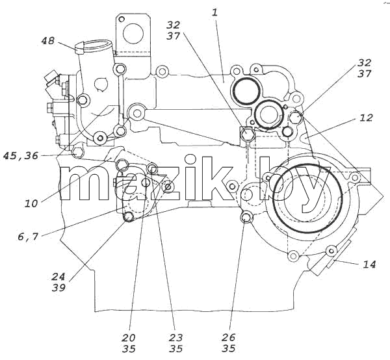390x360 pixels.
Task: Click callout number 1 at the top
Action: [x=214, y=12]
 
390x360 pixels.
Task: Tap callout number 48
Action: [x=47, y=40]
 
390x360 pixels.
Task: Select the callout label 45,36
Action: [x=21, y=156]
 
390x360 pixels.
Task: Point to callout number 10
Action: [x=31, y=203]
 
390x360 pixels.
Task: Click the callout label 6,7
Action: [x=28, y=237]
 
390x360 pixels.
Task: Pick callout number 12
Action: [x=366, y=118]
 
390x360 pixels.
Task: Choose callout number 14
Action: [x=369, y=264]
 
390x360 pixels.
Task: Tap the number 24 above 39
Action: [x=58, y=276]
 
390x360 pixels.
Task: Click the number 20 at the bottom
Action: [x=129, y=338]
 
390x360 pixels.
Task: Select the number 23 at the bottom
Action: [x=176, y=338]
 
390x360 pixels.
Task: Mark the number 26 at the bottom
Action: [x=228, y=337]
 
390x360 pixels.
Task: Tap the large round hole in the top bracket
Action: [x=133, y=34]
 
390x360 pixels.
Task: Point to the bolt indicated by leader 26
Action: [x=246, y=218]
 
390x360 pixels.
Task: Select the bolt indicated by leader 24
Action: [x=128, y=217]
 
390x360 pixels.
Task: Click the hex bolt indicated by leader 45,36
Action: [x=77, y=153]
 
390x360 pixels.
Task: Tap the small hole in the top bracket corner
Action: [x=122, y=19]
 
